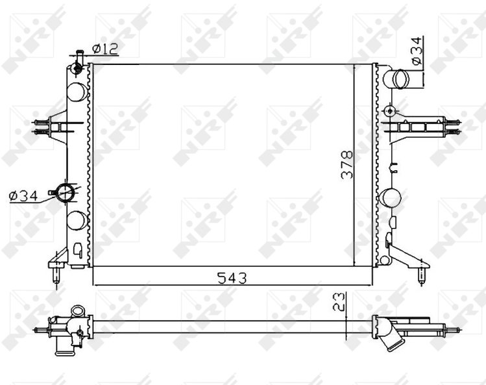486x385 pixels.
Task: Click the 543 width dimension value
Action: click(232, 278)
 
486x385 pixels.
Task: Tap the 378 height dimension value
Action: click(347, 165)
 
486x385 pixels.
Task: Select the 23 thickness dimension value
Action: click(339, 301)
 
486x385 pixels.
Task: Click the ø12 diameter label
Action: click(105, 49)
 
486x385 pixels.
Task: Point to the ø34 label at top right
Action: click(417, 51)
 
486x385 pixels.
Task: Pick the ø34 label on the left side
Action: click(23, 196)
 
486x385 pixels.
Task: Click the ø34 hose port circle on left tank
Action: click(65, 193)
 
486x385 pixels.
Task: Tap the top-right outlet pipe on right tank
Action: click(396, 79)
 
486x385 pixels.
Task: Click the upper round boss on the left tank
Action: click(77, 92)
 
